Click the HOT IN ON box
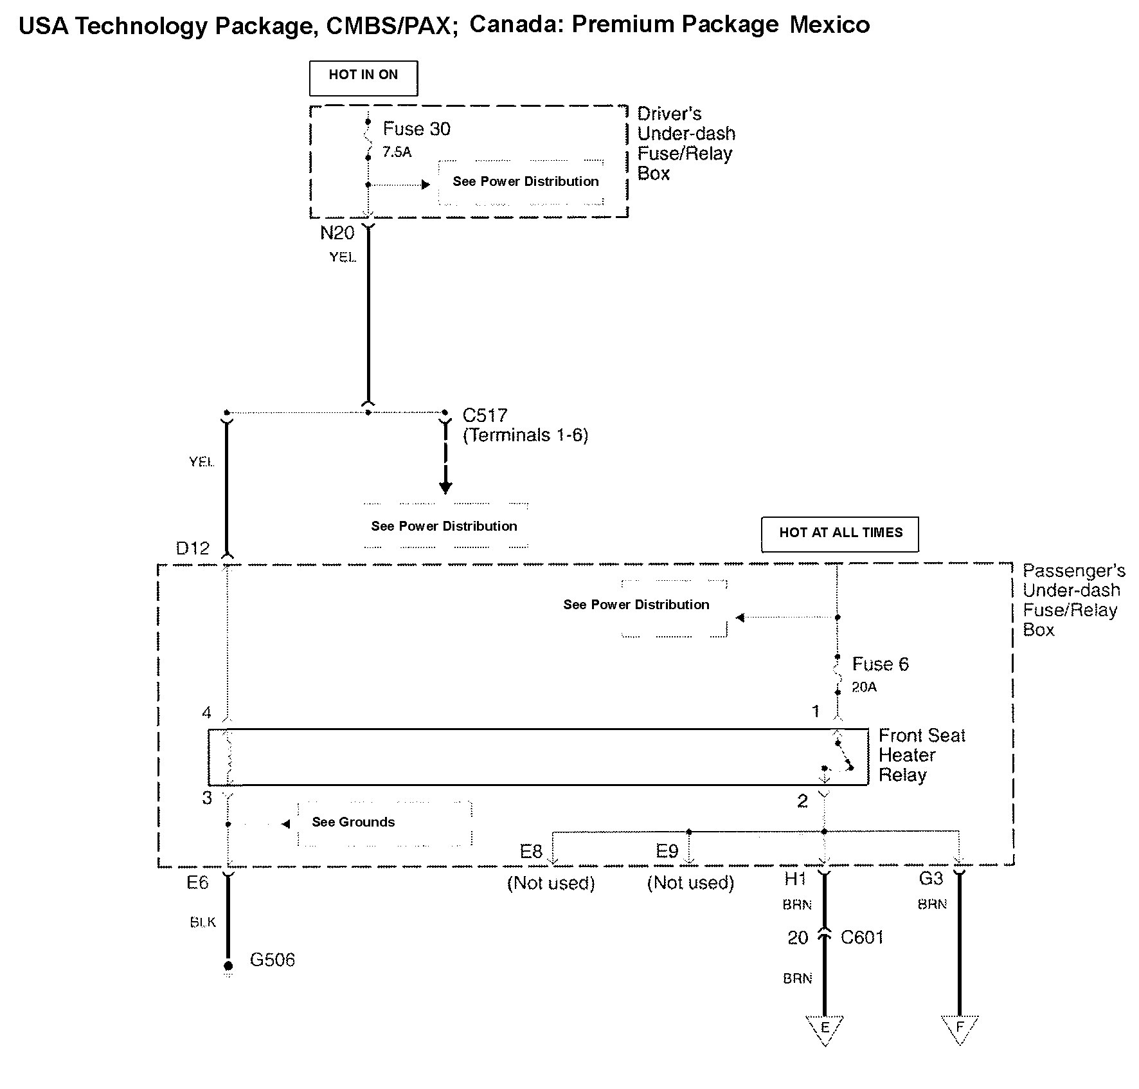click(363, 78)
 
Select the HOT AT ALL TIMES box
click(840, 534)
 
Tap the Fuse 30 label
click(417, 129)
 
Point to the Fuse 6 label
click(880, 664)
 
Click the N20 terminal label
click(337, 233)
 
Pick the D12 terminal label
click(193, 549)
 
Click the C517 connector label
click(485, 416)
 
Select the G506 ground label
click(272, 960)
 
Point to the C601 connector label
click(862, 938)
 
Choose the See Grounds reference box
click(384, 823)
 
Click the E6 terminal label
click(197, 883)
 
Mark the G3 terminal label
click(931, 879)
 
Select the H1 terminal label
click(795, 879)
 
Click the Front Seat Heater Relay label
click(921, 755)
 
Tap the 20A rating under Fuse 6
click(864, 688)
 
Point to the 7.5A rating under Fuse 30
click(397, 152)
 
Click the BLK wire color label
click(203, 922)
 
